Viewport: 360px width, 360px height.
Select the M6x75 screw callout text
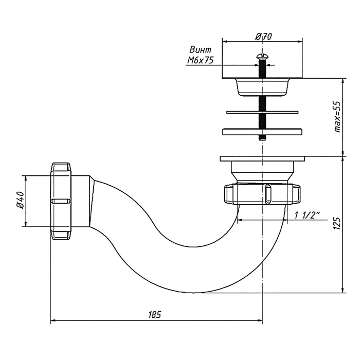(x=200, y=61)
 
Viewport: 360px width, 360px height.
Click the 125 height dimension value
(x=337, y=224)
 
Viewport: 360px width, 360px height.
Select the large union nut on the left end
(x=62, y=200)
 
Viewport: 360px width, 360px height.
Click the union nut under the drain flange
(x=262, y=193)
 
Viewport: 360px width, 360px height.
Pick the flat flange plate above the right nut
(x=262, y=159)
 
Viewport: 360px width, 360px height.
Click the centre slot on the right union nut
(x=267, y=194)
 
